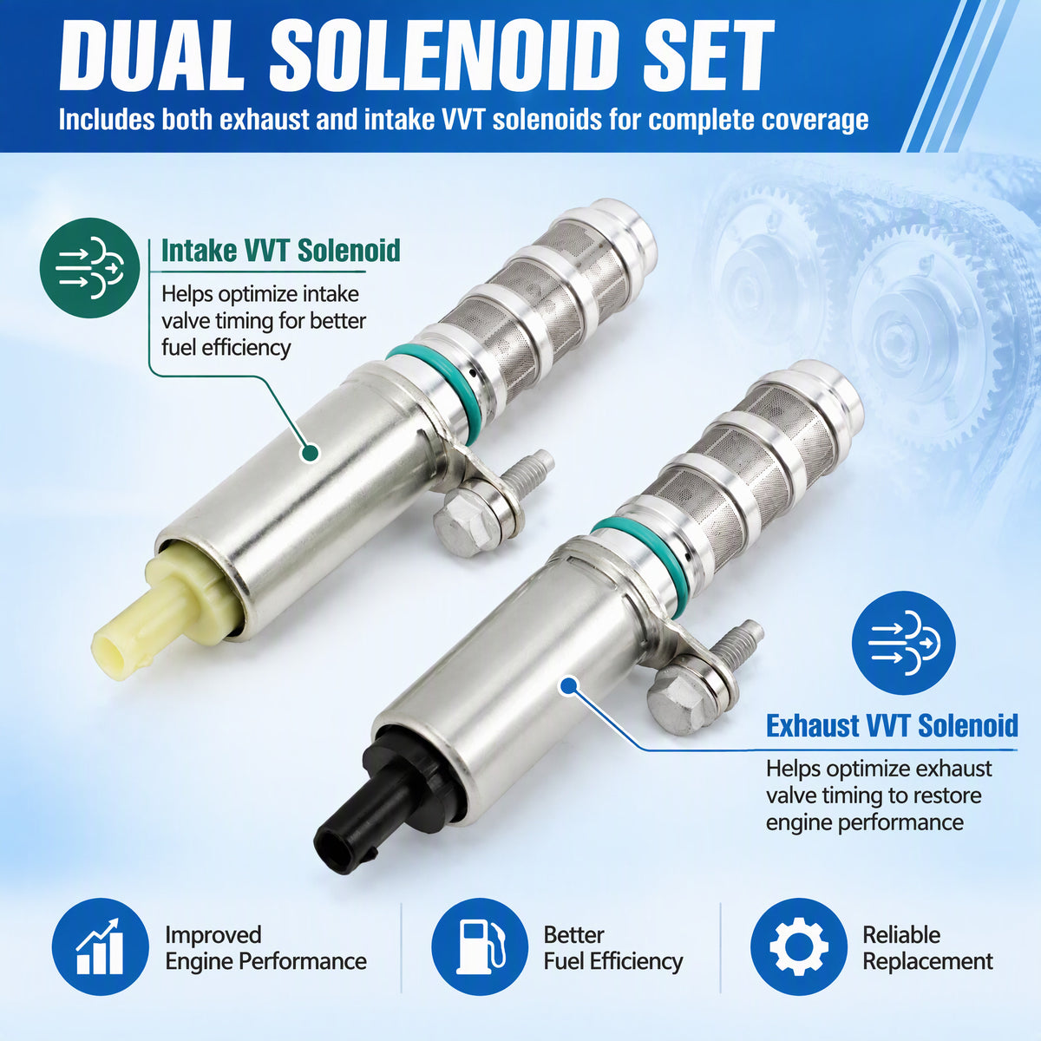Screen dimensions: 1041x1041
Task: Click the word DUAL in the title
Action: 153,56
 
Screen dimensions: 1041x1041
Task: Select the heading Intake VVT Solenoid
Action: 281,251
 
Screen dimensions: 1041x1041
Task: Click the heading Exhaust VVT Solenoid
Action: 892,725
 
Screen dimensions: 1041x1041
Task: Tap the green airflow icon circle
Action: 89,268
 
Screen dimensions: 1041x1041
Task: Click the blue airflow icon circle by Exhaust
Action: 904,643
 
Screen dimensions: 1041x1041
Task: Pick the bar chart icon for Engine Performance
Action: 100,946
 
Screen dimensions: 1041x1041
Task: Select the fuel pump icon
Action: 480,946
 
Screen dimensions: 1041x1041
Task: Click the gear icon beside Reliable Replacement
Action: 799,946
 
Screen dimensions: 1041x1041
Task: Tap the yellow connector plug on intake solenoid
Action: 162,617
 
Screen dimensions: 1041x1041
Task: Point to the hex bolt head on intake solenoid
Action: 462,523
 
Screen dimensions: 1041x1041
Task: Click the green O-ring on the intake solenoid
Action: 432,389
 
